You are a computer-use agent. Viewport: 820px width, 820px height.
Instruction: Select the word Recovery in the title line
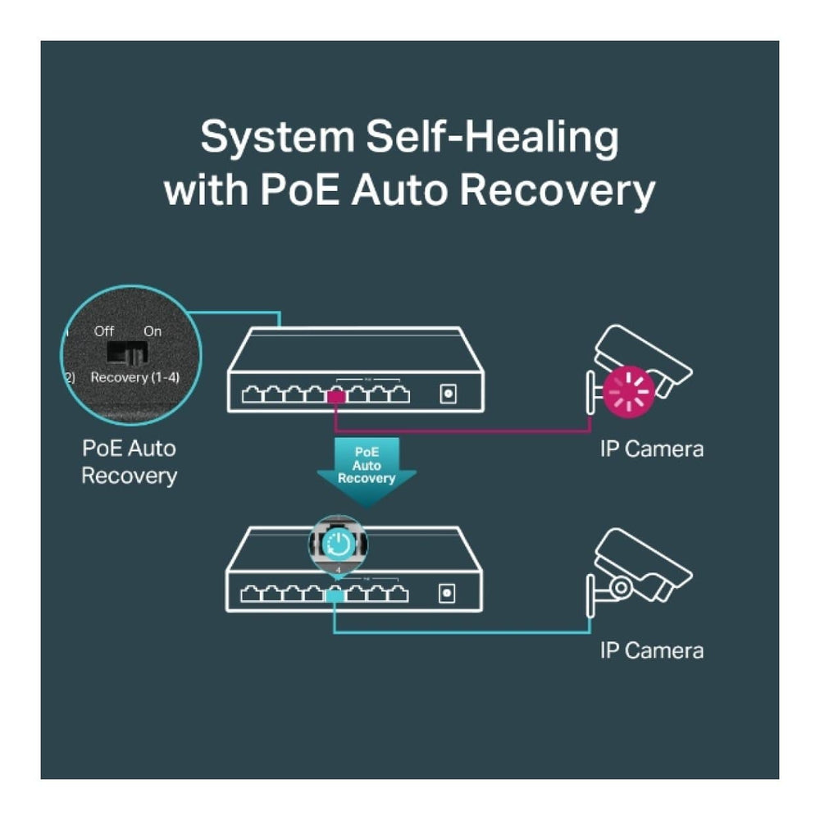point(557,189)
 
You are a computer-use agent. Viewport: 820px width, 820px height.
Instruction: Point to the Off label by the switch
point(104,331)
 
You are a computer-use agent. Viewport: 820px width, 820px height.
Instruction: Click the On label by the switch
point(153,331)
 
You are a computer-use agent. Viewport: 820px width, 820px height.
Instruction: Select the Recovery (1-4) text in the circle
point(134,378)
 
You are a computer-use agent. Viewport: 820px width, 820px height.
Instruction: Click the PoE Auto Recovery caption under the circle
point(129,462)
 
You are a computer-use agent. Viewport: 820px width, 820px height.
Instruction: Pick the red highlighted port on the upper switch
point(335,396)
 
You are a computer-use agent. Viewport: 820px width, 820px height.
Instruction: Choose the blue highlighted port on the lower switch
point(335,594)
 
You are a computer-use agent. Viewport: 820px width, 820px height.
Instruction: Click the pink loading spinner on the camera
point(629,389)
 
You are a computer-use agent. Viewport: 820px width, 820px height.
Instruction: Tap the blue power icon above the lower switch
point(338,543)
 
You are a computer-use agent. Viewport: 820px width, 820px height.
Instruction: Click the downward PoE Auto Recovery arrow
point(367,467)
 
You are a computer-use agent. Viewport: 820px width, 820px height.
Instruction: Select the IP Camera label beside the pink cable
point(651,449)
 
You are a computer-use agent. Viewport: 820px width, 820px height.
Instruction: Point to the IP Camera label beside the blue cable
point(651,651)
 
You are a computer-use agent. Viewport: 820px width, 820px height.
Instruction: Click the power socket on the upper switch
point(448,394)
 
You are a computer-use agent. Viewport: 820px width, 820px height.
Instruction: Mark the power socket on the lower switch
point(448,592)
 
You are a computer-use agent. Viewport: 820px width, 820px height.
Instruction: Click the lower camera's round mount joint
point(621,586)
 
